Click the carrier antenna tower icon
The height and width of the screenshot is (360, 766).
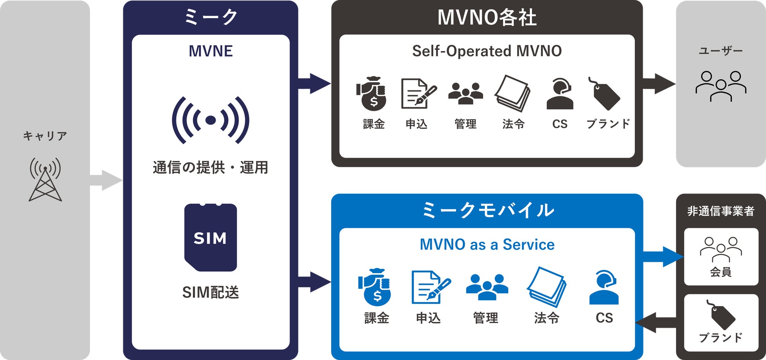pos(45,180)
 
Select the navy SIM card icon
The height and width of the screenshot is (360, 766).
pos(211,237)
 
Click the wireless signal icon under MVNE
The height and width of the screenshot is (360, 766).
pos(211,120)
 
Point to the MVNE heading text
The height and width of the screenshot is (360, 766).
pos(211,51)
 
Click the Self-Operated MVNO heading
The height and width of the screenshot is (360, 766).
pos(487,51)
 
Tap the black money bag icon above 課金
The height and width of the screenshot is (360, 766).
pos(372,94)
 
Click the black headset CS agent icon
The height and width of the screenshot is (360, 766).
pos(560,94)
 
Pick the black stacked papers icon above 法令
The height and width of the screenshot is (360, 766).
pos(513,94)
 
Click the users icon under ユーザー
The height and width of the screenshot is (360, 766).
pos(720,86)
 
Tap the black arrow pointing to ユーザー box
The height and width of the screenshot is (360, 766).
pos(659,84)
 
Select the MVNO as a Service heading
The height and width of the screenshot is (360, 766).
pos(487,244)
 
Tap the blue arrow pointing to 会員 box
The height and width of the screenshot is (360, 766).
pos(663,257)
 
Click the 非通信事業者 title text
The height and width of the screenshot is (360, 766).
pos(720,211)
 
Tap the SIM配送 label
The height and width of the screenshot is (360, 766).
pos(211,292)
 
